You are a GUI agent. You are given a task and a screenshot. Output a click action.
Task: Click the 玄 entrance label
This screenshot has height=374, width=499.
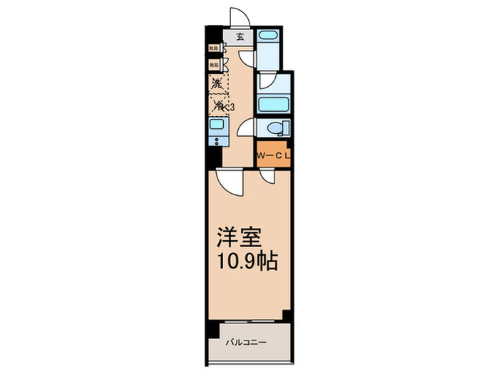coord(240,36)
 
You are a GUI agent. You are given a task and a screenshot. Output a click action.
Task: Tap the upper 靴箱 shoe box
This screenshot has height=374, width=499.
coord(214,48)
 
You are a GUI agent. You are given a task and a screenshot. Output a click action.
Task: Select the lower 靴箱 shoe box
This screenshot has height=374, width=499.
coord(214,65)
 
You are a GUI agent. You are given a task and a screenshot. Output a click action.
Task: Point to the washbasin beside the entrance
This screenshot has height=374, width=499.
coord(268,36)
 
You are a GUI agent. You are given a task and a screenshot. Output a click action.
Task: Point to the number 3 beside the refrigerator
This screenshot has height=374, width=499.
coord(232,107)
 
